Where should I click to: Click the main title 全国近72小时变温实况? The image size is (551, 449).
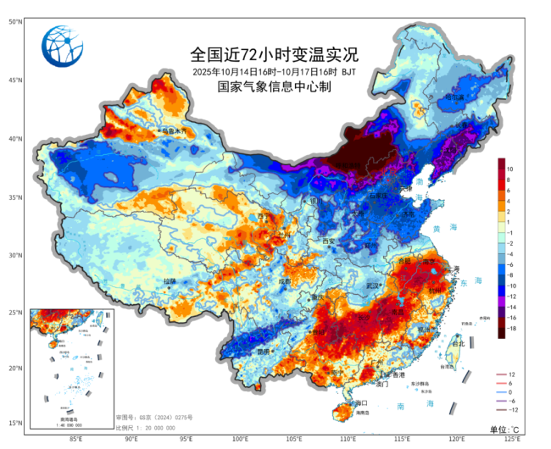[x=275, y=55]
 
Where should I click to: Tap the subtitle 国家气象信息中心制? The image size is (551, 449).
[x=275, y=86]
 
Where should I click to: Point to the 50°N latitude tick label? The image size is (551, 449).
[x=15, y=21]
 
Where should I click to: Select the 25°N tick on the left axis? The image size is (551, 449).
[x=15, y=313]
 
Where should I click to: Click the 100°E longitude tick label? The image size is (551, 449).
[x=241, y=438]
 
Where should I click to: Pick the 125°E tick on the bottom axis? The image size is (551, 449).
[x=512, y=438]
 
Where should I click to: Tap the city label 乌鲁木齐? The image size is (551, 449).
[x=176, y=132]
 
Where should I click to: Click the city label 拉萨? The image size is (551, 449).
[x=170, y=280]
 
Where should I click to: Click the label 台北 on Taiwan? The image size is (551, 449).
[x=457, y=344]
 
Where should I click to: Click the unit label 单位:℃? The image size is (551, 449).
[x=507, y=430]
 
